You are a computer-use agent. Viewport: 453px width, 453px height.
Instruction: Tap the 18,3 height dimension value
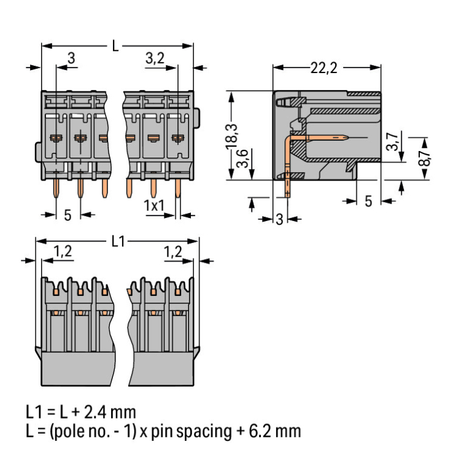[233, 138]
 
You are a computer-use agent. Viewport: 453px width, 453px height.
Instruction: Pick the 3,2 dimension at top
[155, 58]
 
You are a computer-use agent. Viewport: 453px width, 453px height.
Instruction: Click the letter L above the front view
[115, 45]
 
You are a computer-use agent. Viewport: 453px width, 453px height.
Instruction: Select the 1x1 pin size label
[155, 205]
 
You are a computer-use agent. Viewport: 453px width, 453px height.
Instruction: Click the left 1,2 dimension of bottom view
[63, 252]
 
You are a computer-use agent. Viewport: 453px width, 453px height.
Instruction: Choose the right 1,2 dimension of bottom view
[173, 252]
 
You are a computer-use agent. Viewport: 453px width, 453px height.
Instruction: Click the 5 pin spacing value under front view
[67, 214]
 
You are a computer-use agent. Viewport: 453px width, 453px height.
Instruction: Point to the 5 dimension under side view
[368, 201]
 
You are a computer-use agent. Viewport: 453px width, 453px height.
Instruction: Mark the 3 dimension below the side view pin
[279, 219]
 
